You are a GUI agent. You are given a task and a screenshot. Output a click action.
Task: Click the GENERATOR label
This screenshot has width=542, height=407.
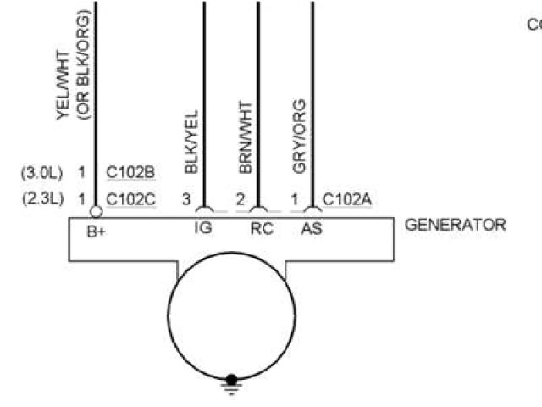coord(455,225)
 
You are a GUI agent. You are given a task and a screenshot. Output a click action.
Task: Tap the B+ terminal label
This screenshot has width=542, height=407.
coord(96,230)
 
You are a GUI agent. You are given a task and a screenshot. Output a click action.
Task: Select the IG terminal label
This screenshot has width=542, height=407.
coord(202,229)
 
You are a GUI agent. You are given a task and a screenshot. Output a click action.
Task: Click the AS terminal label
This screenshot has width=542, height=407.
coord(312,229)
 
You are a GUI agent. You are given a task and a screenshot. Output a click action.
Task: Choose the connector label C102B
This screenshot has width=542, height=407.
coord(130,173)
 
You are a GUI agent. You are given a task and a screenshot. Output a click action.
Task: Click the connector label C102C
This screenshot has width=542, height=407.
coord(130,200)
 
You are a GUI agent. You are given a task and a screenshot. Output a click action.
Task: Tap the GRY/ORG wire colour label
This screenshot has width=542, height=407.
coord(299,137)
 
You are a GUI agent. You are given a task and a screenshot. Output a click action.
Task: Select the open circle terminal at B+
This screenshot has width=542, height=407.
coord(96,210)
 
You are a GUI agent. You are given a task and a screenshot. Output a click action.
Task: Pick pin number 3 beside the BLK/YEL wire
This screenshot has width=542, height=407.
coord(186,200)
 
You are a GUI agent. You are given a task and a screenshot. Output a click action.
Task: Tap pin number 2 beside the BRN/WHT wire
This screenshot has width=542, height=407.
coord(241,200)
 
